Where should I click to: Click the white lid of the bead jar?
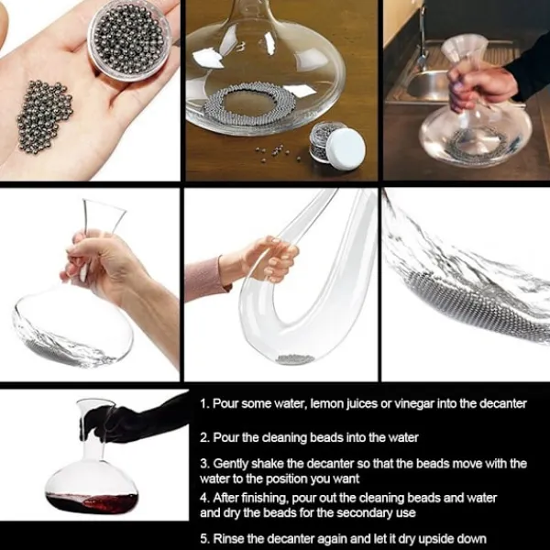click(346, 148)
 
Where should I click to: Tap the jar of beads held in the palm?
click(130, 39)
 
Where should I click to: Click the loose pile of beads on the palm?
click(44, 116)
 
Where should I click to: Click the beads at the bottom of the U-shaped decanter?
click(294, 358)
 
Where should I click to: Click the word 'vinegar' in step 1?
click(414, 404)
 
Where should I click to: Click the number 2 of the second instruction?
click(203, 438)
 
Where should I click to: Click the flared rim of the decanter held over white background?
click(104, 206)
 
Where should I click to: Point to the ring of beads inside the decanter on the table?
click(256, 104)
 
